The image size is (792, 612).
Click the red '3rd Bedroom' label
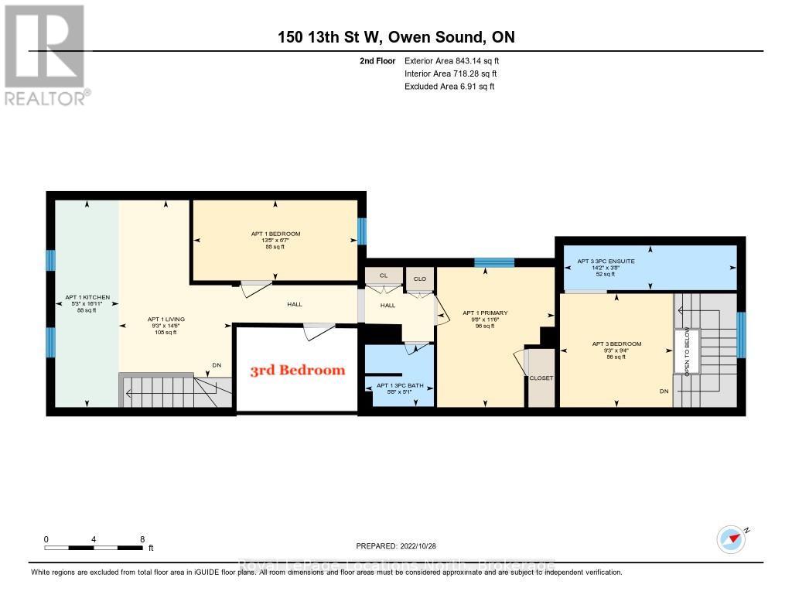point(297,370)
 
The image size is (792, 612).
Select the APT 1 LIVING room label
point(166,319)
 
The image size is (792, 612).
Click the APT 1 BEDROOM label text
point(275,234)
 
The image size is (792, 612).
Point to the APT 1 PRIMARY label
point(484,313)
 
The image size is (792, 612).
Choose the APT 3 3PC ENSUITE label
point(606,262)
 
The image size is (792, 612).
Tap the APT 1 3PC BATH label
point(399,385)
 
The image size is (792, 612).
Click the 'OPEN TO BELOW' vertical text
point(686,352)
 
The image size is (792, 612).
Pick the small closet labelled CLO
point(420,279)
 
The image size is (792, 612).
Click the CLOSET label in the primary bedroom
point(541,378)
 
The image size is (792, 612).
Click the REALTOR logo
point(45,54)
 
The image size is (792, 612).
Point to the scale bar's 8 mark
point(142,539)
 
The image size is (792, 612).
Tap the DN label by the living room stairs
point(217,366)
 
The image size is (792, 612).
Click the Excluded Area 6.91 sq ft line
point(449,87)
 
